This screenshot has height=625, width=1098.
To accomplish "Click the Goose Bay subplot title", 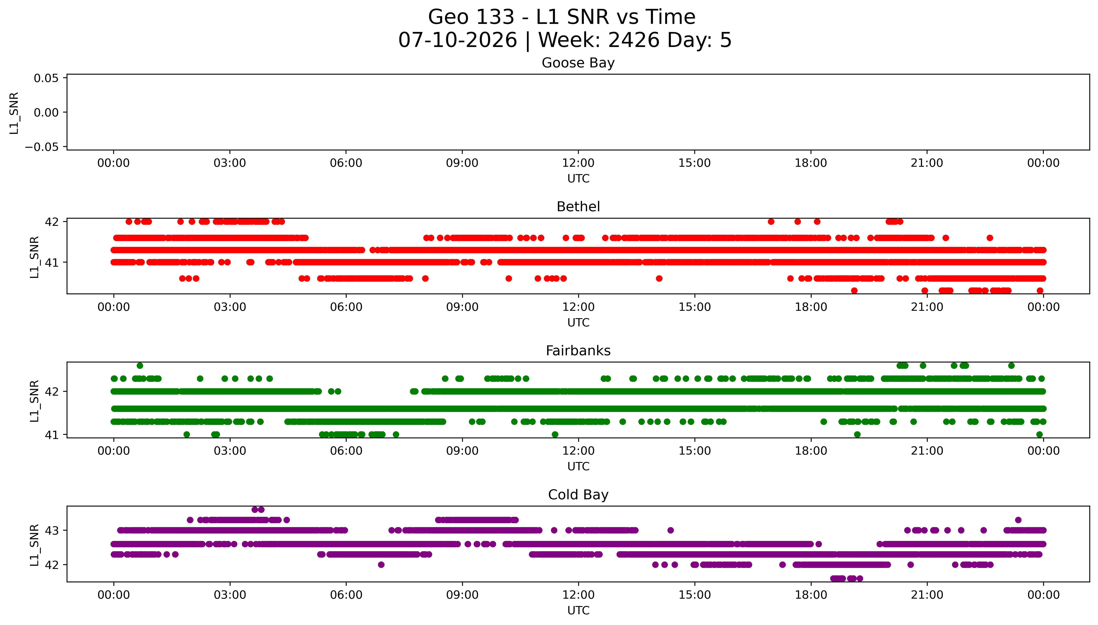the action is [578, 63].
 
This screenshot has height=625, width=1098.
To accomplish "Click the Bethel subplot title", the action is [578, 207].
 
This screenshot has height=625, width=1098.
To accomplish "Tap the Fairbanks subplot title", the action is [578, 351].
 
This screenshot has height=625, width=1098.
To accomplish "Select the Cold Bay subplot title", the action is [578, 495].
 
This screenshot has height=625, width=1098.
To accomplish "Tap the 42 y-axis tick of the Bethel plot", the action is [52, 222].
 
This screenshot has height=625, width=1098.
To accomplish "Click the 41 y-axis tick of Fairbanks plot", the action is [52, 435].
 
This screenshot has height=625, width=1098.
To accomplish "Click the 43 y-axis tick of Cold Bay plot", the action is [52, 531].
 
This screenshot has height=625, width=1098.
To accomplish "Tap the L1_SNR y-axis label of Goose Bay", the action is [14, 113].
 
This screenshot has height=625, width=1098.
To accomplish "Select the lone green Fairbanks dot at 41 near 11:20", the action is [555, 434].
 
